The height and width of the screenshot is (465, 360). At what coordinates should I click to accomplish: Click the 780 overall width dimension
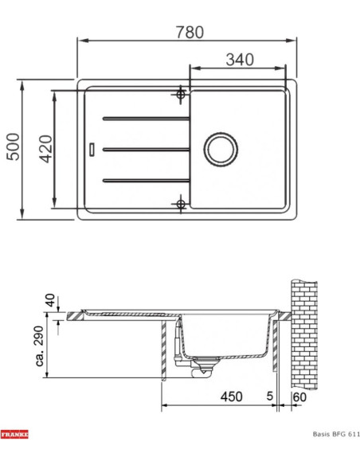pyautogui.click(x=190, y=33)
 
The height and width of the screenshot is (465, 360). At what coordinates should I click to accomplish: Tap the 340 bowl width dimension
pyautogui.click(x=240, y=60)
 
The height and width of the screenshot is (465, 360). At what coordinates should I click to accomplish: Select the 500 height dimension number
pyautogui.click(x=14, y=147)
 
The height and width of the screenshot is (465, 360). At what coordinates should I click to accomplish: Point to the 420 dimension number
pyautogui.click(x=46, y=149)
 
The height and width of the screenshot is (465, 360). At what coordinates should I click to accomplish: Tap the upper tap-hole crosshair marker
pyautogui.click(x=181, y=95)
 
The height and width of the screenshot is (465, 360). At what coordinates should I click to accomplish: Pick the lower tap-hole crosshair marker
pyautogui.click(x=181, y=204)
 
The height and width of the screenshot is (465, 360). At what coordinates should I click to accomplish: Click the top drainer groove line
pyautogui.click(x=147, y=119)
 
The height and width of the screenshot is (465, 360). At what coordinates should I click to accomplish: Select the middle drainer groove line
pyautogui.click(x=147, y=150)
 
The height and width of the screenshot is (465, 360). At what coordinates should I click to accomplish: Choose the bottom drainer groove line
pyautogui.click(x=147, y=180)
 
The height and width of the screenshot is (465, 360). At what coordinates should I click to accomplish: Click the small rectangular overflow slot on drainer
pyautogui.click(x=92, y=149)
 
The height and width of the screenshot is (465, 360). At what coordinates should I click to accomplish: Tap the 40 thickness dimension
pyautogui.click(x=50, y=300)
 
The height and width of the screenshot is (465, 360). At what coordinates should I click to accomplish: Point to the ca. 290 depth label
pyautogui.click(x=39, y=346)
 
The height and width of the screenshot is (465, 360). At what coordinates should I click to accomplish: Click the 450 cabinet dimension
pyautogui.click(x=231, y=397)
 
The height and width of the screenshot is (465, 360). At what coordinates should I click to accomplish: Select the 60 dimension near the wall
pyautogui.click(x=299, y=397)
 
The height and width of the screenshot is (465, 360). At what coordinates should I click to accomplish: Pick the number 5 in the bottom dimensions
pyautogui.click(x=269, y=396)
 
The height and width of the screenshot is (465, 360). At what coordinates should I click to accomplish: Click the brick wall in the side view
pyautogui.click(x=304, y=334)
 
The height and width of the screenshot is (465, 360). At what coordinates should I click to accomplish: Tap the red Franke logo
pyautogui.click(x=14, y=435)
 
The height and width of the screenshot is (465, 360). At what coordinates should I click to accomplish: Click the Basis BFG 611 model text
pyautogui.click(x=336, y=434)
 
